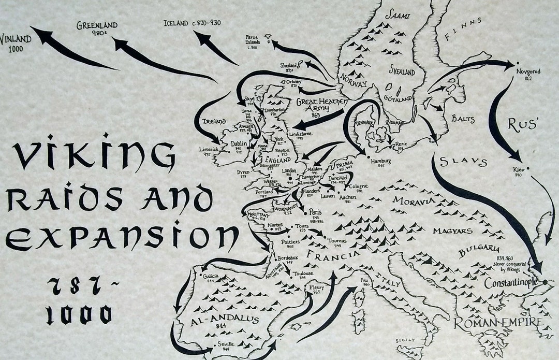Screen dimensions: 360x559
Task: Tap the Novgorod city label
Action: point(528,71)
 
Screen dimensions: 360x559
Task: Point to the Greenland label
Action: point(97,25)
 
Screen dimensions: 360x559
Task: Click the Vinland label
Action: point(16,39)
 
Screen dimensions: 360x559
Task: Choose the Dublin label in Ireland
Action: point(239,145)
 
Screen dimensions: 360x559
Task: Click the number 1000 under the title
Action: point(78,314)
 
